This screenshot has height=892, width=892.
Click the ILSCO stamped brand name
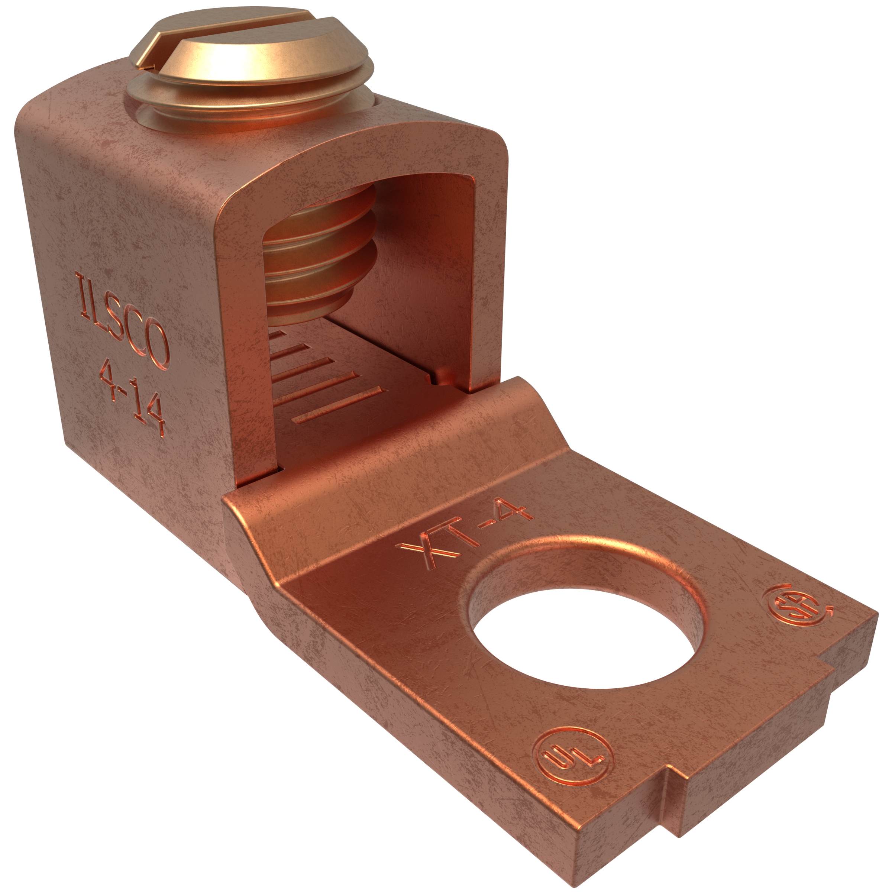[122, 320]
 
